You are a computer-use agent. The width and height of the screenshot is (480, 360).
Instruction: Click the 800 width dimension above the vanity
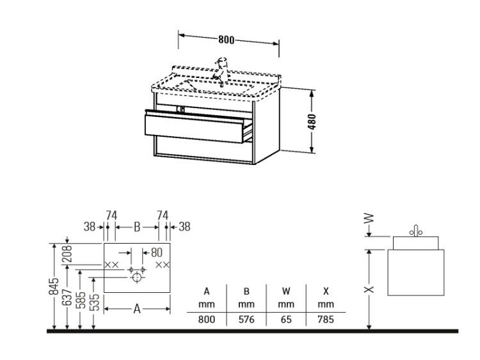tap(226, 40)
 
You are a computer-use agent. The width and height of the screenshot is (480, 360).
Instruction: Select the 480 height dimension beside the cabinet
tap(312, 121)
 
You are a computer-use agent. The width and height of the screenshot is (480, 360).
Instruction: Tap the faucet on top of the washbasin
tap(221, 71)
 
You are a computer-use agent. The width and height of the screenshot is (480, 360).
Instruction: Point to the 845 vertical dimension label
tap(54, 286)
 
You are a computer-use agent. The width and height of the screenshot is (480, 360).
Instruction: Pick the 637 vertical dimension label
tap(67, 297)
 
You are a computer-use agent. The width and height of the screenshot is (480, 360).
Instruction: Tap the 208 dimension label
tap(67, 254)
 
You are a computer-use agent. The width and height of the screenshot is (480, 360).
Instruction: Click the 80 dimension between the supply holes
tap(156, 253)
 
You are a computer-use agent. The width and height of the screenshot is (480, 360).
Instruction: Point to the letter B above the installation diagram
tap(137, 227)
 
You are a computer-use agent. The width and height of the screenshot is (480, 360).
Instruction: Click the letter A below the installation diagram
tap(137, 309)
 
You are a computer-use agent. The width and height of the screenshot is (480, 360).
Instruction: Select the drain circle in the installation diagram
tap(137, 278)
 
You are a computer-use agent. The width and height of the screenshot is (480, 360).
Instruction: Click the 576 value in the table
tap(246, 319)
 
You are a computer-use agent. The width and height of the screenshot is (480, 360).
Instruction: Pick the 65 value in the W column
tap(286, 319)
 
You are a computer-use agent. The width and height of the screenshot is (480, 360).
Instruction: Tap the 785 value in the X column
tap(326, 319)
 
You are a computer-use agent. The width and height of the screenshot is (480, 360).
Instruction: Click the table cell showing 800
tap(207, 319)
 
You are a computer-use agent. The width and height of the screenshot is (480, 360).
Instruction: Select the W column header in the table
tap(286, 291)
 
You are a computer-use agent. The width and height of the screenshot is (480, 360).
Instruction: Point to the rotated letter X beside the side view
tap(369, 289)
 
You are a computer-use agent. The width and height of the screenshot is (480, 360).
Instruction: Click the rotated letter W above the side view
tap(369, 219)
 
